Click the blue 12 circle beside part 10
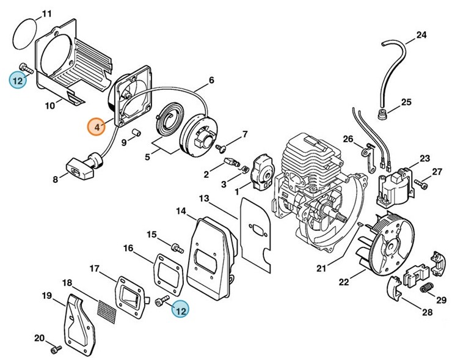click(x=18, y=79)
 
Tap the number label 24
click(x=421, y=35)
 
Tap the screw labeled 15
click(x=178, y=248)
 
